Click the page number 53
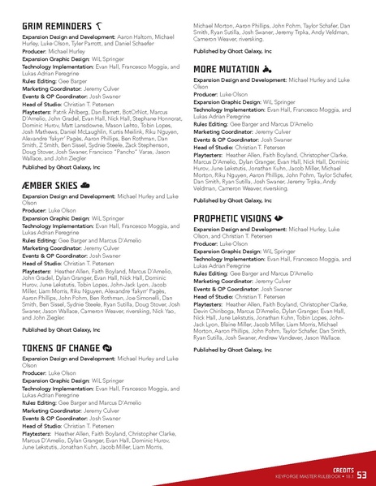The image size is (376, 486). pyautogui.click(x=361, y=474)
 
